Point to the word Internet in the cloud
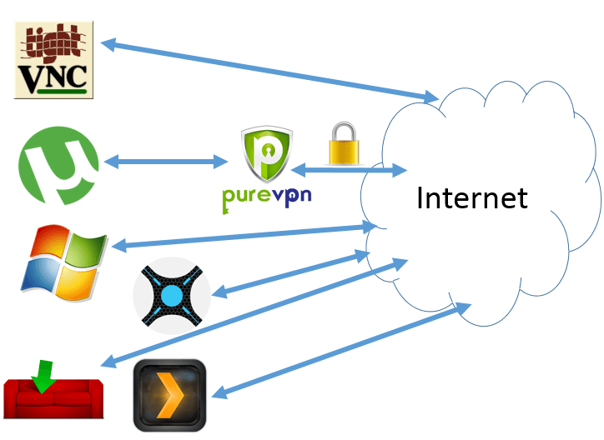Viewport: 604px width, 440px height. click(x=471, y=198)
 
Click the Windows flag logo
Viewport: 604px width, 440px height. click(x=64, y=262)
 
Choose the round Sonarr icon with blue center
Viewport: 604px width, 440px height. click(x=172, y=296)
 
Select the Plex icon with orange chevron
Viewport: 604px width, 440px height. click(x=170, y=394)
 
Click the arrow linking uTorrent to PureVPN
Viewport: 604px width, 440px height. click(x=167, y=161)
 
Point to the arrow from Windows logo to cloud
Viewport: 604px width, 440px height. click(x=242, y=235)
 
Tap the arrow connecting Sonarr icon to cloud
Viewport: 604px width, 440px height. click(x=292, y=274)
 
